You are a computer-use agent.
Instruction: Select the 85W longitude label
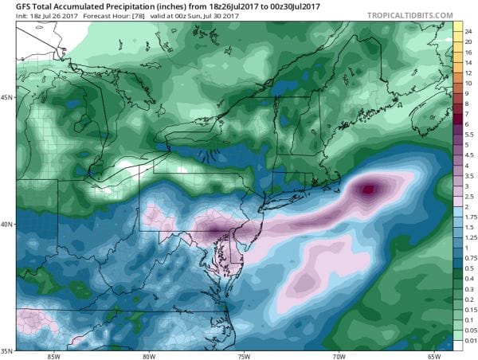tap(53, 355)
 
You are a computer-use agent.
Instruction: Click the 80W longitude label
tap(148, 355)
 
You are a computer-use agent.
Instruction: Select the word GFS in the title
tap(13, 6)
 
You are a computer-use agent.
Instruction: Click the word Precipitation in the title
tap(115, 6)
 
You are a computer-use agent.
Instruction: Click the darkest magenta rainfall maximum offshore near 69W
tap(367, 190)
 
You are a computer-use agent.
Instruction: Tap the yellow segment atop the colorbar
tap(460, 28)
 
